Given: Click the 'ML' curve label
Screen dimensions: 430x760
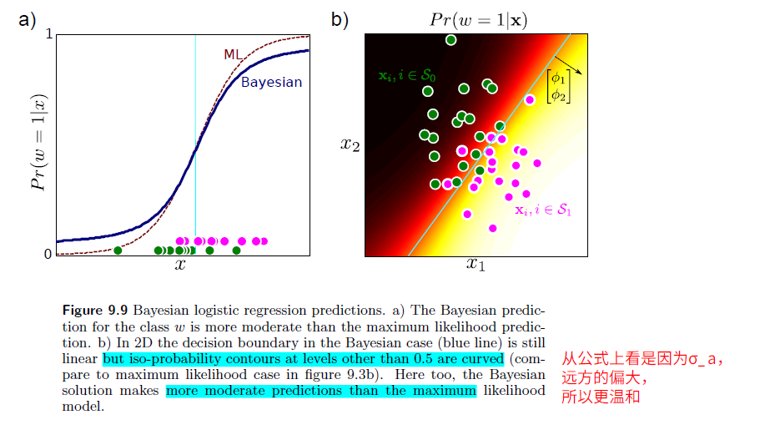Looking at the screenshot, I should click(x=233, y=55).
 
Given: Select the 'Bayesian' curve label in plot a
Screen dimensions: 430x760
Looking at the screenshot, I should click(x=271, y=83).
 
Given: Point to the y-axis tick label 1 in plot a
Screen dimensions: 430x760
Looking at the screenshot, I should click(x=48, y=34).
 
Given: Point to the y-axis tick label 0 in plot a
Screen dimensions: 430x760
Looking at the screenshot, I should click(x=48, y=254).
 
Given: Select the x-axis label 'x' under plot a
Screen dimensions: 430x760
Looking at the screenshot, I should click(x=179, y=266).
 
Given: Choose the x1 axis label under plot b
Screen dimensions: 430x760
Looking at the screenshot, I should click(x=475, y=266).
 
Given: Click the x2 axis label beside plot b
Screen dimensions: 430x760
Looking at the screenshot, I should click(x=350, y=144).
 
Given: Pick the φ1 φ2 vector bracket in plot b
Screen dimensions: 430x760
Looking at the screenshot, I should click(x=558, y=87).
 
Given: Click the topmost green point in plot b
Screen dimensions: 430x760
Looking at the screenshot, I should click(x=451, y=40).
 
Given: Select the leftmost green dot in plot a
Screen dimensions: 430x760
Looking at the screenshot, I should click(x=118, y=250).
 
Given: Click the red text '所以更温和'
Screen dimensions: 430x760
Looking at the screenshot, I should click(x=600, y=397).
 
